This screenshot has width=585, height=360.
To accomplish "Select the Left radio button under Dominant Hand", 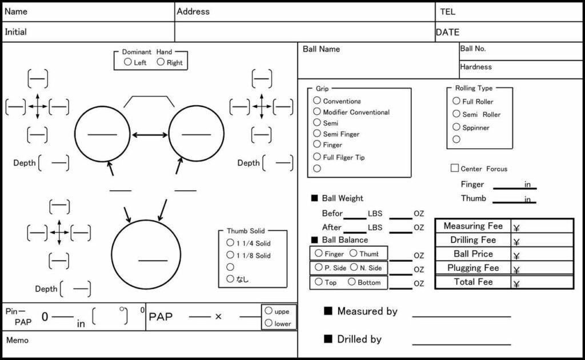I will pyautogui.click(x=128, y=62).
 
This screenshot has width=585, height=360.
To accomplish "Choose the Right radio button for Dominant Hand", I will pyautogui.click(x=161, y=62).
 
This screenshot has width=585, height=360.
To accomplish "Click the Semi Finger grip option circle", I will pyautogui.click(x=317, y=133).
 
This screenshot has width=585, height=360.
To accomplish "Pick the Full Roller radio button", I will pyautogui.click(x=456, y=101).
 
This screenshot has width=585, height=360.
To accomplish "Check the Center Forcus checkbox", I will pyautogui.click(x=455, y=168).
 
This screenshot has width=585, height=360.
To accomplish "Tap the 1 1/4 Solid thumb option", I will pyautogui.click(x=230, y=243).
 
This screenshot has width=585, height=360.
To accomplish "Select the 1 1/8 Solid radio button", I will pyautogui.click(x=230, y=255).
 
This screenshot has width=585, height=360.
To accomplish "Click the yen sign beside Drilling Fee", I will pyautogui.click(x=516, y=242).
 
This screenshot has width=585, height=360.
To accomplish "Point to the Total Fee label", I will pyautogui.click(x=473, y=282).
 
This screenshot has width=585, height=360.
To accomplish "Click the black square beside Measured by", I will pyautogui.click(x=328, y=311).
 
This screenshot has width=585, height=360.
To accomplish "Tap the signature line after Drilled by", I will pyautogui.click(x=462, y=344).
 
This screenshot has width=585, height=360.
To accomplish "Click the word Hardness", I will pyautogui.click(x=476, y=67).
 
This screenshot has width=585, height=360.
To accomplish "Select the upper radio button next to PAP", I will pyautogui.click(x=269, y=311).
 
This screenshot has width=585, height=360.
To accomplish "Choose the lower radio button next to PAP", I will pyautogui.click(x=269, y=323).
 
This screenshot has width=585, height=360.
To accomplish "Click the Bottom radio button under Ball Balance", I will pyautogui.click(x=352, y=282).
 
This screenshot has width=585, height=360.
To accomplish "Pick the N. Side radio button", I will pyautogui.click(x=354, y=267).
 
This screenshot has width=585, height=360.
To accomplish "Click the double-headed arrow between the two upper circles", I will pyautogui.click(x=150, y=135).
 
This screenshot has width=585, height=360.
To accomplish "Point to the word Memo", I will pyautogui.click(x=17, y=340).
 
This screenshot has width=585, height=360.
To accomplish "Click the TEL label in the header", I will pyautogui.click(x=448, y=11).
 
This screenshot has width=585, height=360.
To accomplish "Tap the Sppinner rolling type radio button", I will pyautogui.click(x=456, y=127).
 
